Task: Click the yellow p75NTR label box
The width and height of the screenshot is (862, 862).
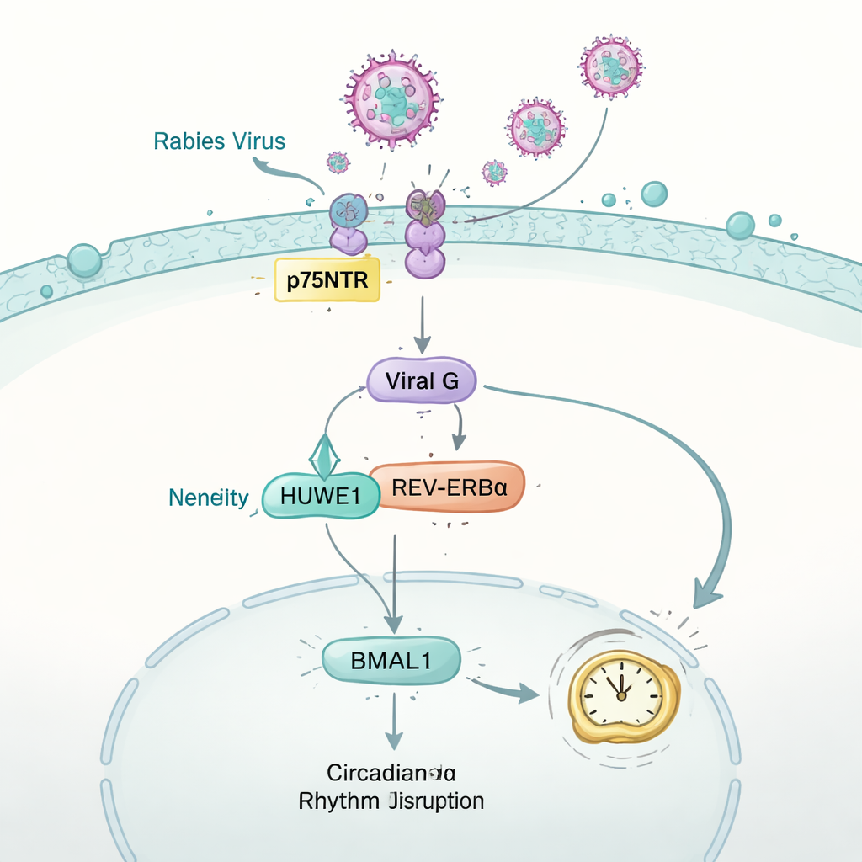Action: click(x=327, y=280)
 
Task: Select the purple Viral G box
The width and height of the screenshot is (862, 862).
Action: click(x=422, y=380)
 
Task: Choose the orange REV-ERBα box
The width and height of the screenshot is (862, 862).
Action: click(x=449, y=487)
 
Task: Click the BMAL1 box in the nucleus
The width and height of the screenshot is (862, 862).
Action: click(x=391, y=661)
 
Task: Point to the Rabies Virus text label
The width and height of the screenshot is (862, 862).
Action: click(x=220, y=141)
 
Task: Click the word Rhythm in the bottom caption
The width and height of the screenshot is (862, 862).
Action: click(x=338, y=801)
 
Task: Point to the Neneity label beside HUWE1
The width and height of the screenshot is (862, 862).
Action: click(x=209, y=498)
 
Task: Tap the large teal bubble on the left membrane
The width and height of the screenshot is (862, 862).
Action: click(x=84, y=261)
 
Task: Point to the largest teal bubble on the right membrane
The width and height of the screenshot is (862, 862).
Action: click(x=740, y=225)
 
